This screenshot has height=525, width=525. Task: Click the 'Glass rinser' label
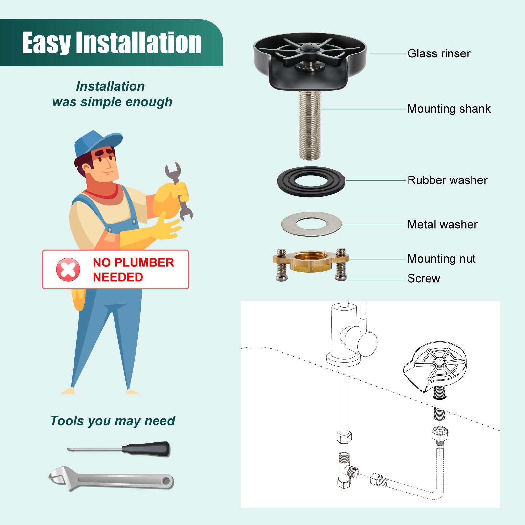(x=439, y=53)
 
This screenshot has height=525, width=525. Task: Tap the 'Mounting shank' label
(x=449, y=109)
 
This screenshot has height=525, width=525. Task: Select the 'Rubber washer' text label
(x=447, y=180)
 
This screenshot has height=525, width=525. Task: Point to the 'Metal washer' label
(x=442, y=224)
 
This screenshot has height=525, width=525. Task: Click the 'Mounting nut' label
(x=441, y=259)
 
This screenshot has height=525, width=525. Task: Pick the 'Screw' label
(x=424, y=278)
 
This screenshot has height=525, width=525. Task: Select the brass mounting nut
(x=311, y=262)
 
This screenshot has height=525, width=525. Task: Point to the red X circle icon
(x=68, y=269)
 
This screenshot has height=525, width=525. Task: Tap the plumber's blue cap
(x=97, y=143)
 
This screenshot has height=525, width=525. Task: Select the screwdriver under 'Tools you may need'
(x=119, y=449)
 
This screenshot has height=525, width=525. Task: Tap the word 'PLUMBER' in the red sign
(x=144, y=262)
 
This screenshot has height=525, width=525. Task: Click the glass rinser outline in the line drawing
(x=435, y=367)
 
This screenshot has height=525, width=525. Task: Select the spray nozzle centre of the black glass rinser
(x=310, y=48)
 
